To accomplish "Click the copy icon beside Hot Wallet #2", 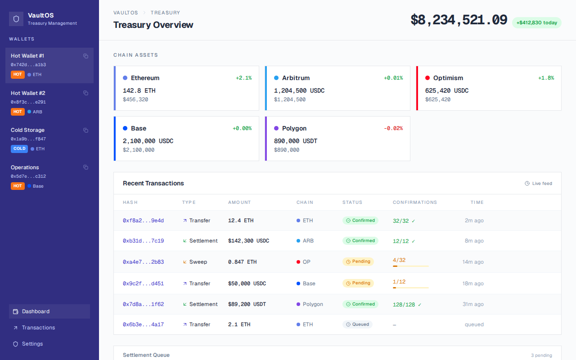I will point(85,93).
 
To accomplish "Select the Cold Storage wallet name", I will point(27,130).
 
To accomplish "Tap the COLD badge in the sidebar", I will point(19,148).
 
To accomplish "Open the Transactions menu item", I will point(38,328).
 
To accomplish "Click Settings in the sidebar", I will point(32,344).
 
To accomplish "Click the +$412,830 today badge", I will point(536,22).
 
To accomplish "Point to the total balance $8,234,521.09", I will point(459,20).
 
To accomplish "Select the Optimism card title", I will point(448,78).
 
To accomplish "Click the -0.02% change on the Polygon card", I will point(393,128).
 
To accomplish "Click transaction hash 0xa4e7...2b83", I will point(143,262).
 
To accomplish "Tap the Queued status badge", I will point(357,324).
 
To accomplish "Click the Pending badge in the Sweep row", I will point(358,261).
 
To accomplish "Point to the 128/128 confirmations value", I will point(404,305).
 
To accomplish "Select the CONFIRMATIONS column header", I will point(414,202).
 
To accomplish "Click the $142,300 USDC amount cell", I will point(248,241).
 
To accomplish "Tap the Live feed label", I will point(542,184).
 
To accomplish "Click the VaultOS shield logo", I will point(16,19).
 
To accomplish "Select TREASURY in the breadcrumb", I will point(165,13).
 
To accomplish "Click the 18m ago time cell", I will point(473,283).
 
